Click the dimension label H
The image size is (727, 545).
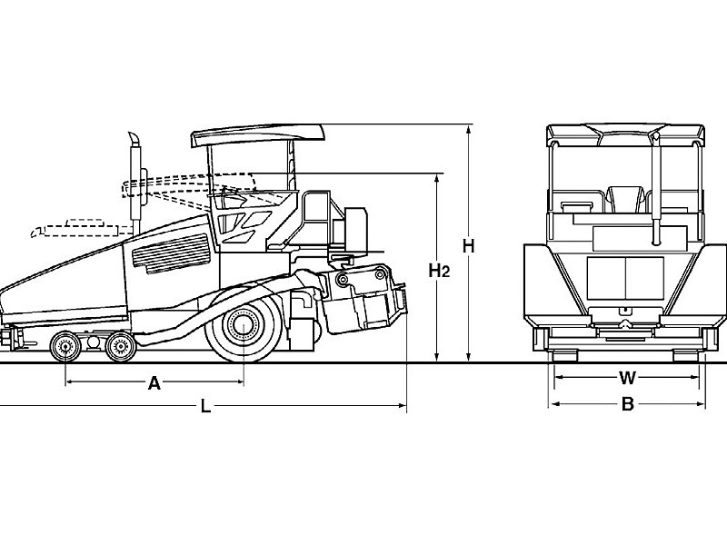[469, 245]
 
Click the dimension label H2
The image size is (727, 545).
[440, 270]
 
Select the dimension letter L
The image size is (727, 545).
[206, 407]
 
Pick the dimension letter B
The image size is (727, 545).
[627, 405]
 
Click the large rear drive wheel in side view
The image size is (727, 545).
[243, 324]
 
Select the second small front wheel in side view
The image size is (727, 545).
[117, 346]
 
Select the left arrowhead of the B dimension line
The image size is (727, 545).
[553, 405]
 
